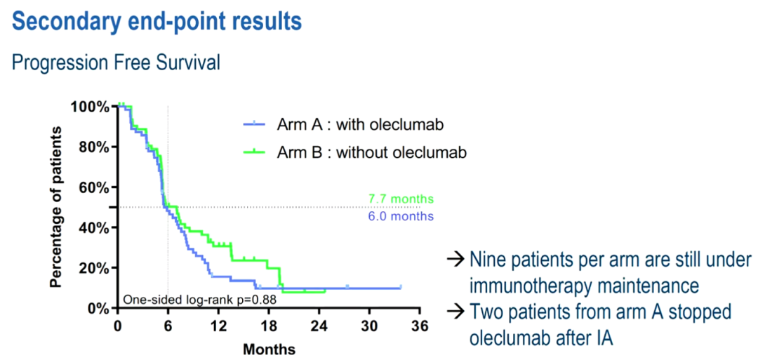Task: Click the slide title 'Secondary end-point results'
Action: point(157,21)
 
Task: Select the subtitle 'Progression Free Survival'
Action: point(117,62)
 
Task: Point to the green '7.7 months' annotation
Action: point(401,199)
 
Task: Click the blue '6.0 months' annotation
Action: point(401,216)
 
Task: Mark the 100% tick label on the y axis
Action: point(89,107)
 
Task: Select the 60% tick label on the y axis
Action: point(93,187)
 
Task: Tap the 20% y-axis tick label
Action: point(93,268)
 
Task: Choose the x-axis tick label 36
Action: point(420,326)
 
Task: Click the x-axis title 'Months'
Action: point(269,349)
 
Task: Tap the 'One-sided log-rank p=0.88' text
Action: point(199,300)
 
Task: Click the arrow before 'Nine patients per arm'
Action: point(455,260)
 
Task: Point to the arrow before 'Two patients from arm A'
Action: point(455,311)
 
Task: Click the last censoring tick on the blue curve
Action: point(401,287)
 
